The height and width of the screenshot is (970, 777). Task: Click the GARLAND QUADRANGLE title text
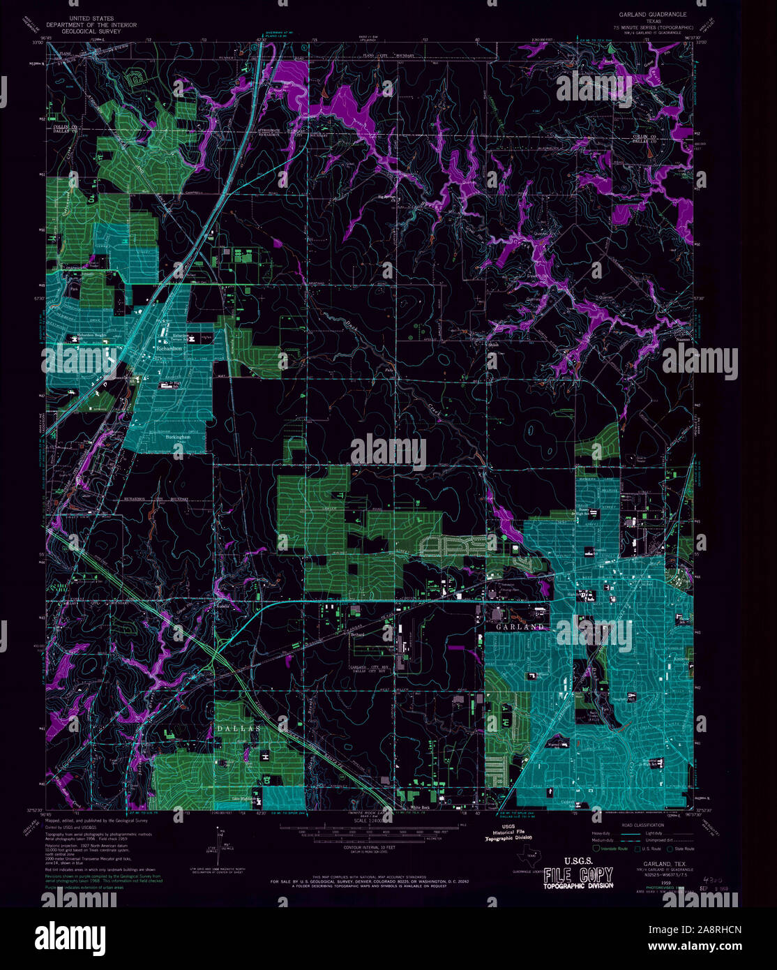pyautogui.click(x=652, y=14)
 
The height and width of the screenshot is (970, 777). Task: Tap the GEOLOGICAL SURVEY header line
pyautogui.click(x=98, y=31)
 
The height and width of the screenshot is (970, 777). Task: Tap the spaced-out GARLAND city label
pyautogui.click(x=519, y=627)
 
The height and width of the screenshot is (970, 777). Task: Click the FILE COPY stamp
pyautogui.click(x=578, y=875)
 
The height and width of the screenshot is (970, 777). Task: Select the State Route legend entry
pyautogui.click(x=681, y=849)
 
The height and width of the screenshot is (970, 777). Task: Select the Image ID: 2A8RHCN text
pyautogui.click(x=704, y=929)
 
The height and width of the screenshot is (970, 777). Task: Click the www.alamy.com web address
pyautogui.click(x=704, y=946)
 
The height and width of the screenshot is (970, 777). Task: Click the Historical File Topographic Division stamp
pyautogui.click(x=508, y=832)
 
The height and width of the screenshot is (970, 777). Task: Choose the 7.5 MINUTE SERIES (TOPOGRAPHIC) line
pyautogui.click(x=652, y=27)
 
